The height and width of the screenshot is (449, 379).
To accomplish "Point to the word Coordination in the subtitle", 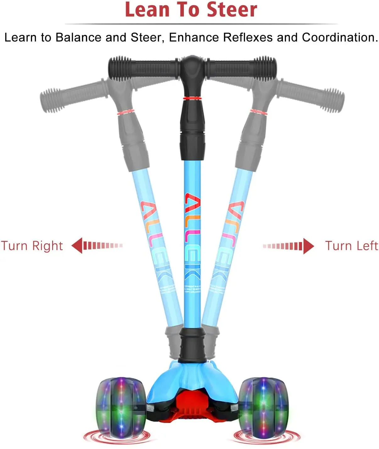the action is pos(339,37).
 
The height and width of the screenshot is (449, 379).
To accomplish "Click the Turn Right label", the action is pos(32,246).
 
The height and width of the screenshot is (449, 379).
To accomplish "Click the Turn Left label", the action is pos(351,246).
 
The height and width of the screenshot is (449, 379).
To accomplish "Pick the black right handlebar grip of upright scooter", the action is pos(242,68).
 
